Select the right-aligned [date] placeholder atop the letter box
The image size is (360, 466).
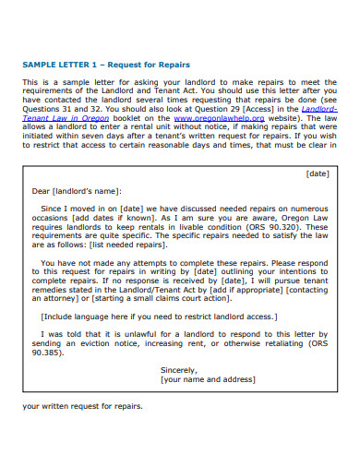[316, 173]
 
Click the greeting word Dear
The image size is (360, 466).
[42, 191]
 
